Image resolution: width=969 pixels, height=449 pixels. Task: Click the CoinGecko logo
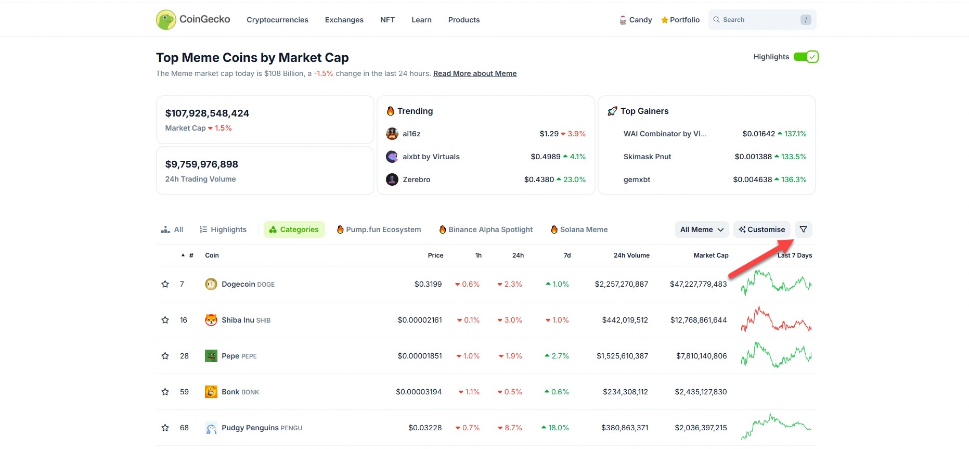coord(192,20)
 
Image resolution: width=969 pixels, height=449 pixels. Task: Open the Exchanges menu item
coord(344,20)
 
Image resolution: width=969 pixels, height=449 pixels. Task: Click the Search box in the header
coord(757,20)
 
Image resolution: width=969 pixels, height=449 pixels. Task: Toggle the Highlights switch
coord(806,57)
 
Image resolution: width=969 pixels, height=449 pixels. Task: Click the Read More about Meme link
coord(474,73)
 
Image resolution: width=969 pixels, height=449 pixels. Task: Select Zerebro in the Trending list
coord(416,179)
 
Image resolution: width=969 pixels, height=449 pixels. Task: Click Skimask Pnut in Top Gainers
coord(647,157)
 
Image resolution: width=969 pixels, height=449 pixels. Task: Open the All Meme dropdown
coord(701,229)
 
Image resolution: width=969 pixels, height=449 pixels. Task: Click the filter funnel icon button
coord(803,229)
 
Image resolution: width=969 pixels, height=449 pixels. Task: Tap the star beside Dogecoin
coord(165,284)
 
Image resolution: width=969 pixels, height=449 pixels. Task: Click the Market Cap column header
coord(710,255)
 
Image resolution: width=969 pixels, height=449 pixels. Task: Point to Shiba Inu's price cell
coord(419,320)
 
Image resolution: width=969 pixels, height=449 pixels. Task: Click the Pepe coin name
coord(230,356)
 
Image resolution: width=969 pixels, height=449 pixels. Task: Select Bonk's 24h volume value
coord(625,392)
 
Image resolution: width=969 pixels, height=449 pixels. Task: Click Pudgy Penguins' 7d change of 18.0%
coord(558,428)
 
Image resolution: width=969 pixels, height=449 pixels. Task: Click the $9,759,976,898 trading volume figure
coord(201,164)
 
